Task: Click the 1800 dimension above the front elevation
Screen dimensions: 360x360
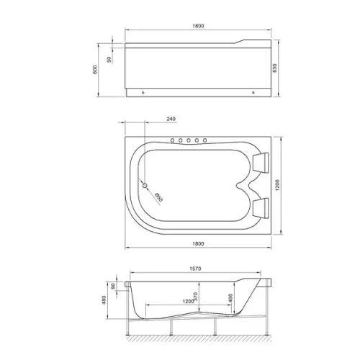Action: pos(199,26)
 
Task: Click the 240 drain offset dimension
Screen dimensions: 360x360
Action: pos(171,120)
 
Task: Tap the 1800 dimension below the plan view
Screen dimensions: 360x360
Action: pos(199,243)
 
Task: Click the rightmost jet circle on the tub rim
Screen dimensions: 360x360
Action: pos(206,140)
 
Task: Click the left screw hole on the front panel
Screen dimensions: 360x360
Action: pos(144,93)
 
